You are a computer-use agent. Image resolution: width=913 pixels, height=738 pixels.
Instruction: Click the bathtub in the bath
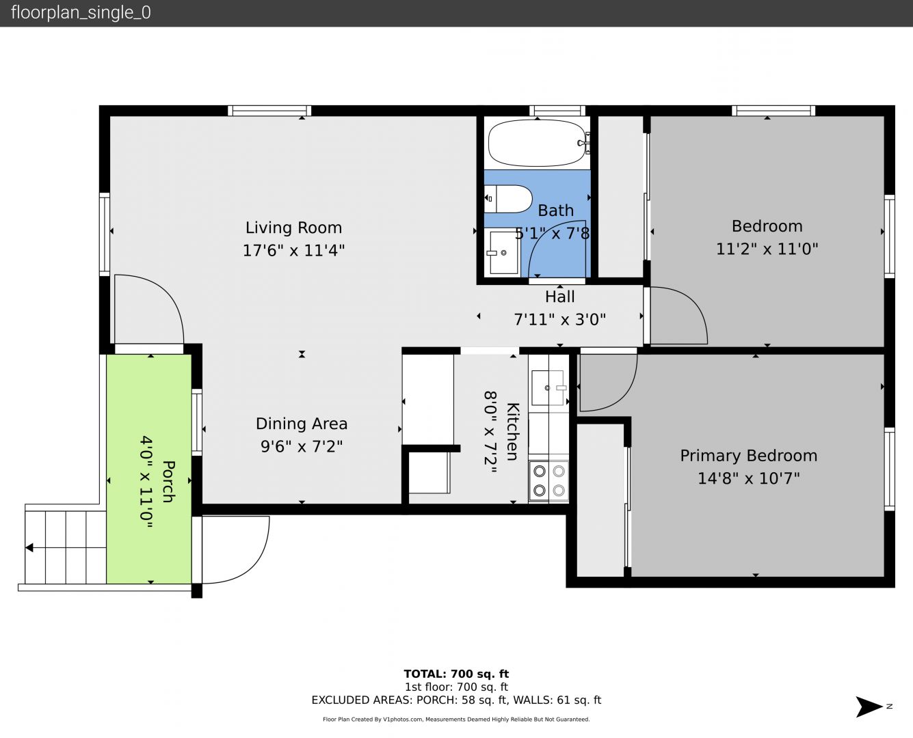[538, 143]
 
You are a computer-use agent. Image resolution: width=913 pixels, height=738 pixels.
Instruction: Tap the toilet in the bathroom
[508, 199]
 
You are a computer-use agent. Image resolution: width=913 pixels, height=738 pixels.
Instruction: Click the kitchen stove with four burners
[548, 480]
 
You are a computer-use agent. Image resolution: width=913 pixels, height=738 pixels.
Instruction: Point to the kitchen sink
[548, 387]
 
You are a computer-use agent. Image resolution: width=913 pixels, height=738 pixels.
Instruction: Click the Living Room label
[293, 228]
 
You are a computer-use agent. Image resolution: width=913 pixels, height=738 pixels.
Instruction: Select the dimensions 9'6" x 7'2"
[302, 446]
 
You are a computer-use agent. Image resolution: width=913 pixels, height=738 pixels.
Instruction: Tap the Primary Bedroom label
[748, 456]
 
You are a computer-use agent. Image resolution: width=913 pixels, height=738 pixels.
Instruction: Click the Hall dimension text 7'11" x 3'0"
[560, 319]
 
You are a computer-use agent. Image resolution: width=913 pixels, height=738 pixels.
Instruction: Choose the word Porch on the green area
[169, 482]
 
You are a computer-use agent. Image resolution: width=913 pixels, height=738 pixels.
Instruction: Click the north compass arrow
[869, 707]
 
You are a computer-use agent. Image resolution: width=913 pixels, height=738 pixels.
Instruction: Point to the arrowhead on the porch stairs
[29, 547]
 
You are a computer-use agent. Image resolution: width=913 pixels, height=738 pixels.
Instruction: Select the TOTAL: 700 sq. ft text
[456, 674]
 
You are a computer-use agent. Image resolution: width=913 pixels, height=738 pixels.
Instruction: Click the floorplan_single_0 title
[81, 13]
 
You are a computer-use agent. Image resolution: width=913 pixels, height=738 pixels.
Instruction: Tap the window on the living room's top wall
[269, 111]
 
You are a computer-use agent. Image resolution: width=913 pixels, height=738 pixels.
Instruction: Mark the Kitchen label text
[513, 431]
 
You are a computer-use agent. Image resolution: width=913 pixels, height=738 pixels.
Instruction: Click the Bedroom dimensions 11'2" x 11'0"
[767, 249]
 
